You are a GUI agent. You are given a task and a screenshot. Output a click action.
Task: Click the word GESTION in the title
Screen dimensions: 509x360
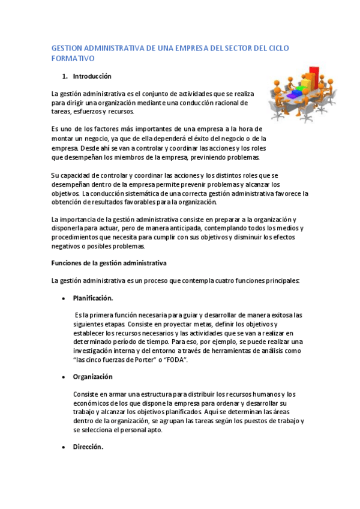[67, 48]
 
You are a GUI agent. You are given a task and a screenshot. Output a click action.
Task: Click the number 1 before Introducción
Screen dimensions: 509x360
[64, 77]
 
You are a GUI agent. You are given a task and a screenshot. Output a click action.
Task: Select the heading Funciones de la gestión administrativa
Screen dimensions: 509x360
[109, 264]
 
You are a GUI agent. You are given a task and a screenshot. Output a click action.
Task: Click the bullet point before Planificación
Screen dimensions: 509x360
[64, 299]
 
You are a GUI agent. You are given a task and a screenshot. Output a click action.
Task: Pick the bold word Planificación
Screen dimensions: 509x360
[93, 298]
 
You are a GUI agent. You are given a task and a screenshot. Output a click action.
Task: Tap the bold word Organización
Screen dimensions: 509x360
[93, 377]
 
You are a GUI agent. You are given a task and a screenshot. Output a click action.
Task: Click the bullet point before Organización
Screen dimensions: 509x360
[64, 378]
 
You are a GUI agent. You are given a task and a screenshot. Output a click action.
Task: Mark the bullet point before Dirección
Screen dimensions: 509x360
[64, 448]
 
